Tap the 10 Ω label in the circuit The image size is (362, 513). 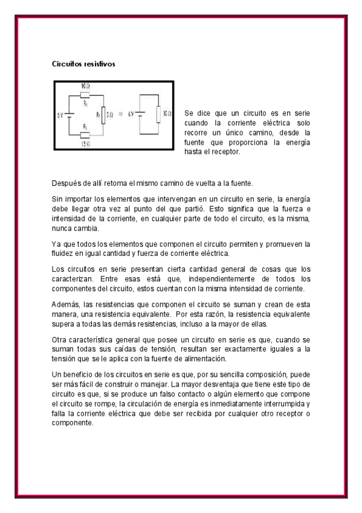click(x=86, y=87)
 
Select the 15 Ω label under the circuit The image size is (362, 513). click(x=85, y=144)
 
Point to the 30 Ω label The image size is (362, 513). click(x=166, y=113)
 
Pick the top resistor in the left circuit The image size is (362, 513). click(x=85, y=95)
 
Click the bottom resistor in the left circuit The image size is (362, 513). click(x=85, y=135)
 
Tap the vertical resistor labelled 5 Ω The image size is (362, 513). click(x=103, y=114)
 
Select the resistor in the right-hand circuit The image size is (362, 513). click(x=158, y=114)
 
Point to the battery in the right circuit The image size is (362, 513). click(x=140, y=114)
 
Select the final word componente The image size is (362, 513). click(x=72, y=423)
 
